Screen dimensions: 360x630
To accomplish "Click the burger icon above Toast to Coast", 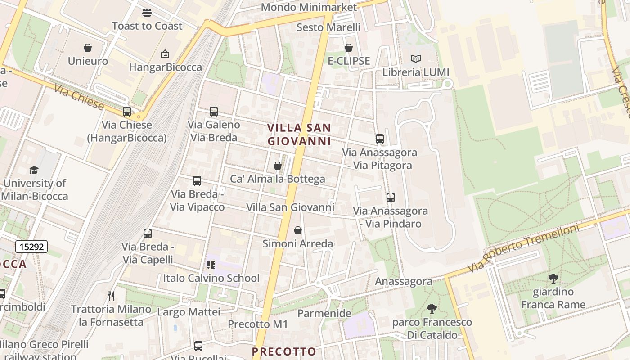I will tap(147, 13).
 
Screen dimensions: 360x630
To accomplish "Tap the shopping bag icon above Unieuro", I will tap(88, 48).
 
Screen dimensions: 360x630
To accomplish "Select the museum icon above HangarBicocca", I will tap(165, 54).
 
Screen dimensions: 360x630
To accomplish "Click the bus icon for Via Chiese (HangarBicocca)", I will tap(127, 112).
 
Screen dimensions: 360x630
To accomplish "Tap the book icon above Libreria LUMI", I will tap(416, 59).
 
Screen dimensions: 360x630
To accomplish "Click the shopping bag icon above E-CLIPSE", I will tap(349, 48).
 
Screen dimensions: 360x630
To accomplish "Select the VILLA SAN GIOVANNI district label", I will tap(299, 135).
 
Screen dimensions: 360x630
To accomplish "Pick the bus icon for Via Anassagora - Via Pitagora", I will tap(380, 139).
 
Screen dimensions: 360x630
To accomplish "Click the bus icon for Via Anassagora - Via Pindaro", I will tap(391, 198).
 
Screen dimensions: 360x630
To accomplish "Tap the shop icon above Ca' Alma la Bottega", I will tap(278, 166).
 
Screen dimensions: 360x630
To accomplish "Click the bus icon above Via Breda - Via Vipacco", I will tap(197, 181).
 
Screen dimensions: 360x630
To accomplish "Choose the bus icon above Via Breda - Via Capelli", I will tap(148, 234).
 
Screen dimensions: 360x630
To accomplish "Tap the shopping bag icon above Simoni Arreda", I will tap(298, 231).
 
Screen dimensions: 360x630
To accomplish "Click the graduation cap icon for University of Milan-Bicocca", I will tap(34, 170).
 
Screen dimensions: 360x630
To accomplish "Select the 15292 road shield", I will tap(31, 247).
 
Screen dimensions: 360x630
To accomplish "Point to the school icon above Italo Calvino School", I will tap(211, 265).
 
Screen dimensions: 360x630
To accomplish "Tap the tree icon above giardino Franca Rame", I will tap(553, 279).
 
